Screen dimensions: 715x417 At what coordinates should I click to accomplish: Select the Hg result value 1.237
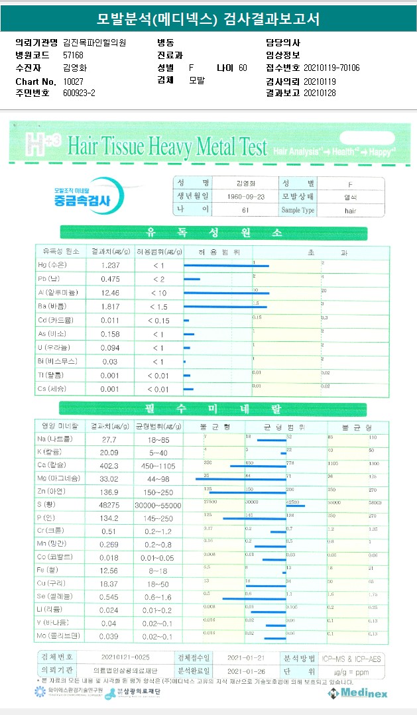click(x=110, y=265)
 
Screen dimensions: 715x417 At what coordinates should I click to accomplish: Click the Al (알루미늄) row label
click(x=58, y=292)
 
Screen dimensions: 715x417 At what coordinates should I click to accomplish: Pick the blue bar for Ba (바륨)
click(x=225, y=307)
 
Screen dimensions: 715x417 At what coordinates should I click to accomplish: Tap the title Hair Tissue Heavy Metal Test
click(x=167, y=146)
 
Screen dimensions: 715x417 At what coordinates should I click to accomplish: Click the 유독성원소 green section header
click(x=213, y=233)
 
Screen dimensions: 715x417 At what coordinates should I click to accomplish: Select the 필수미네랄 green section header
click(x=213, y=408)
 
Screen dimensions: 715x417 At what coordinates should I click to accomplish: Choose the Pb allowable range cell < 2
click(x=158, y=279)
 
